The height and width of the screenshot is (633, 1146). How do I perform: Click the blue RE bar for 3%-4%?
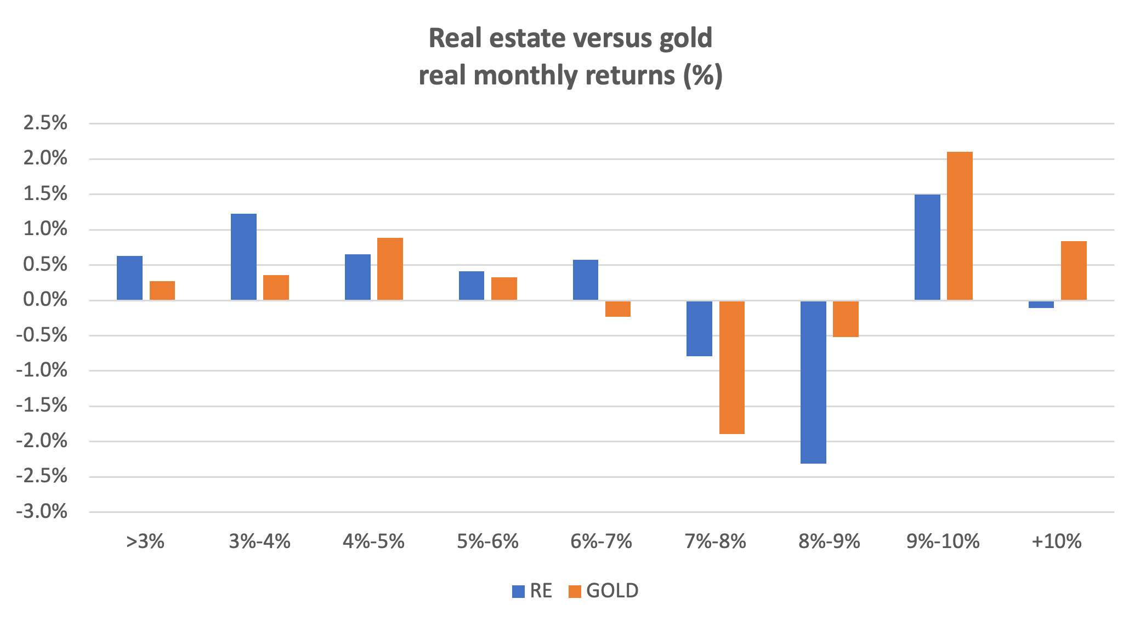click(243, 256)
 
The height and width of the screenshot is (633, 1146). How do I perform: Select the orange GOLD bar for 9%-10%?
click(960, 226)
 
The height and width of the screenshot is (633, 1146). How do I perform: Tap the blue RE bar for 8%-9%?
click(813, 382)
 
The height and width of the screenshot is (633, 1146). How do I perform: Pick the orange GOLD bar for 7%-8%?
click(732, 367)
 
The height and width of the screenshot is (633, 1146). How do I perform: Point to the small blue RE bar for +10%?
click(1041, 304)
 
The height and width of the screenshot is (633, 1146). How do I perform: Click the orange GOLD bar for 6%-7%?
click(618, 309)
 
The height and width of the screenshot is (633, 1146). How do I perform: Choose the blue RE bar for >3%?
click(129, 278)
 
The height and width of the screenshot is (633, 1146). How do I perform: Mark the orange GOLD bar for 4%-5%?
click(390, 269)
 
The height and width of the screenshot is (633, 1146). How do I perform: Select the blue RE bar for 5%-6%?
click(472, 286)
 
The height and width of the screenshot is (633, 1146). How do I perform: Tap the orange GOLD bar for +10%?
click(1074, 270)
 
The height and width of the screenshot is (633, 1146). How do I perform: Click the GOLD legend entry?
click(604, 591)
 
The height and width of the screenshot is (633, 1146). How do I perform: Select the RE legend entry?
click(532, 591)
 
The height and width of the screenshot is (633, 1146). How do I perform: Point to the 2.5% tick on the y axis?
click(45, 123)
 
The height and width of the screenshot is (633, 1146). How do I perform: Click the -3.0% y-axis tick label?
click(42, 512)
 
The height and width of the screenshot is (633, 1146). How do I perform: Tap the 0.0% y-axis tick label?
click(45, 300)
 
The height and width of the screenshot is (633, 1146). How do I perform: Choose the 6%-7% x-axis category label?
click(602, 541)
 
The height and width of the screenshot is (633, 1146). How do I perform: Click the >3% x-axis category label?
click(145, 541)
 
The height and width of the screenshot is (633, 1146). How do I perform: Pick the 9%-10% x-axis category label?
click(943, 541)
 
